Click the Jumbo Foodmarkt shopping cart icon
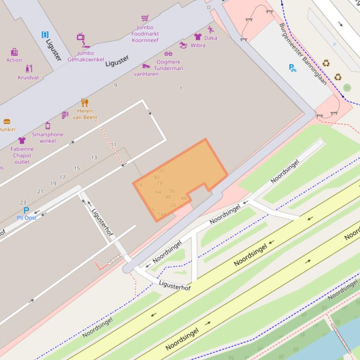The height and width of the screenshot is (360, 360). (x=145, y=18)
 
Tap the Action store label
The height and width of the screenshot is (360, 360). (x=14, y=60)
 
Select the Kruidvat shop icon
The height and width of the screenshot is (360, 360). (x=29, y=68)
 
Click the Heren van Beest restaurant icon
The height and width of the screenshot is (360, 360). (x=84, y=102)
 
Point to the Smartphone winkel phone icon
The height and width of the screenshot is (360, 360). (x=48, y=125)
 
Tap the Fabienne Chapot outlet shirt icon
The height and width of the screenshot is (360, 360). (x=22, y=140)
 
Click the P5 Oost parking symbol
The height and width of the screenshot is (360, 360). (x=26, y=210)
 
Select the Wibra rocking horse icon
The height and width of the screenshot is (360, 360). (x=183, y=45)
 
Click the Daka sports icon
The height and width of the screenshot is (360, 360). (x=211, y=30)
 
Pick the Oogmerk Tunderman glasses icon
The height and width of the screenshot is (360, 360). (x=169, y=54)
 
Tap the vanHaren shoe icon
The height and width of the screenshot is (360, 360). (x=146, y=66)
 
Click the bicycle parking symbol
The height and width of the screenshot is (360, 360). (x=293, y=68)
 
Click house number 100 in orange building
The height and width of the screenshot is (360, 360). (x=159, y=171)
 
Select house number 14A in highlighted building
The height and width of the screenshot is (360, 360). (x=162, y=215)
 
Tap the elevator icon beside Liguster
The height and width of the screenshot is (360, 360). (x=45, y=34)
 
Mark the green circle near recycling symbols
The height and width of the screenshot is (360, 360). (x=347, y=87)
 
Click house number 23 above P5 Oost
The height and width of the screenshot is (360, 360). (x=23, y=202)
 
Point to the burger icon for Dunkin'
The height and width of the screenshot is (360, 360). (x=7, y=122)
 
